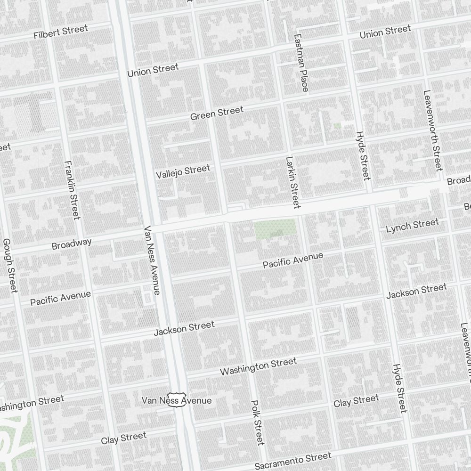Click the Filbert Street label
tap(61, 32)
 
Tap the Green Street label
tap(217, 113)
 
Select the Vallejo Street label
tap(183, 171)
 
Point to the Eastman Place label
tap(301, 63)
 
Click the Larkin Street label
tap(292, 182)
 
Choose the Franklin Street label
tap(72, 190)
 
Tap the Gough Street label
tap(10, 265)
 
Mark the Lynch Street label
tap(412, 226)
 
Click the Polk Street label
tap(257, 422)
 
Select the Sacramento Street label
tap(293, 460)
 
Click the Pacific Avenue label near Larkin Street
tap(293, 260)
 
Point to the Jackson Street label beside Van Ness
tap(184, 328)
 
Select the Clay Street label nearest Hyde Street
tap(356, 402)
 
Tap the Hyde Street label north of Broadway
tap(363, 155)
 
